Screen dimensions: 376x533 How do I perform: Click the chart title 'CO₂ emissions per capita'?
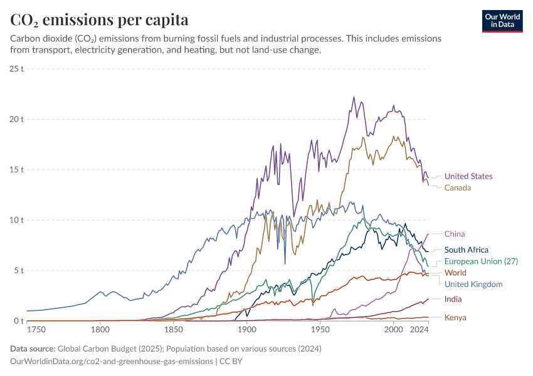point(100,19)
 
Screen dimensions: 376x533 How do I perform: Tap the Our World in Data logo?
point(502,21)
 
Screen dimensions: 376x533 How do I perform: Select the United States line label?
point(468,176)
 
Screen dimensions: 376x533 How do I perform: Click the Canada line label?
point(458,187)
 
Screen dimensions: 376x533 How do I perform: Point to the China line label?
point(455,234)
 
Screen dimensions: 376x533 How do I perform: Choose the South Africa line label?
point(466,249)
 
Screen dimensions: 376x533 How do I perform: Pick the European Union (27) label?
point(481,261)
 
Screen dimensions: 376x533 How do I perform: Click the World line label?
point(455,273)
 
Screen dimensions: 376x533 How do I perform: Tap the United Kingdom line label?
point(473,284)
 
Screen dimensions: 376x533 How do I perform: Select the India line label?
point(453,299)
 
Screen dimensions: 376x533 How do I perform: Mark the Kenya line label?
point(455,317)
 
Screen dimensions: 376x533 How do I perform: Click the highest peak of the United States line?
point(354,97)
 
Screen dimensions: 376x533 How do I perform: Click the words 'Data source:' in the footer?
point(33,348)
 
